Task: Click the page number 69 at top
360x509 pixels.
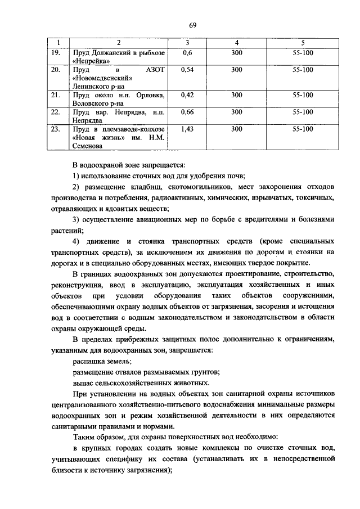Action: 192,25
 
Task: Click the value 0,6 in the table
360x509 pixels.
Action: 188,52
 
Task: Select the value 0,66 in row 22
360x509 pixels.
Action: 188,112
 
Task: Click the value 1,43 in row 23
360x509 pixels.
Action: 188,129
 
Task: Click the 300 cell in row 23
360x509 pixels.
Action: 237,129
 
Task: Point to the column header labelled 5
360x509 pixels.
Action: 303,43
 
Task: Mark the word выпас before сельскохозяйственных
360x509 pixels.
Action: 83,384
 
